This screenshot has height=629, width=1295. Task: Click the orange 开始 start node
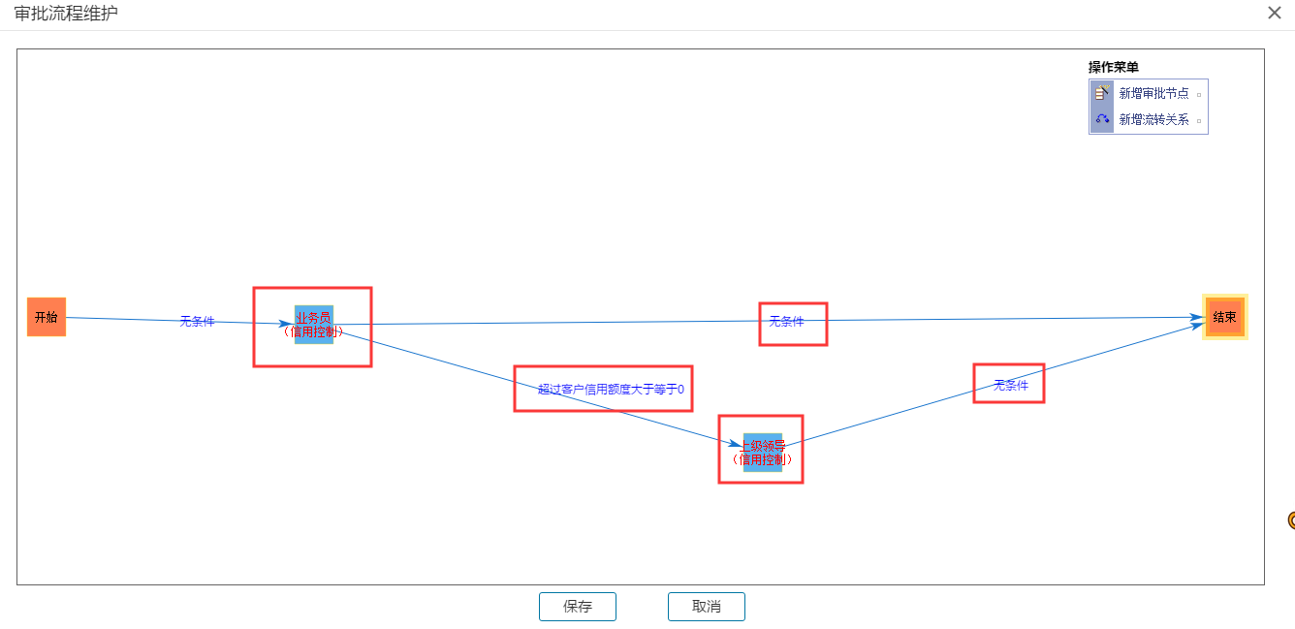[47, 317]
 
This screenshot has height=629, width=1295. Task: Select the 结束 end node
[1224, 317]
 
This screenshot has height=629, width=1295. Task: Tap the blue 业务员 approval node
[314, 324]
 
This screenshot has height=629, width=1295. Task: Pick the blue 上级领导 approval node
[762, 452]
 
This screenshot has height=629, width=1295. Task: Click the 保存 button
[577, 607]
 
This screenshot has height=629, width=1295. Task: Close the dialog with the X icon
[1275, 13]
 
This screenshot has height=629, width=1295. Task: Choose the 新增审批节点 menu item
[1153, 93]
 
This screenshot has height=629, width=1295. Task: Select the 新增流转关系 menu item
[1153, 120]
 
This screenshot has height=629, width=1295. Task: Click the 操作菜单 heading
[1113, 67]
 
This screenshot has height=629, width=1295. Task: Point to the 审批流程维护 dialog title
[67, 14]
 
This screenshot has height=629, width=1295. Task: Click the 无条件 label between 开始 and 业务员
[197, 322]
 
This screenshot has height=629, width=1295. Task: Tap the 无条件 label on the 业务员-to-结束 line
[786, 322]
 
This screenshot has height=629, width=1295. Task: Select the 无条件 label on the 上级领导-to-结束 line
[1010, 385]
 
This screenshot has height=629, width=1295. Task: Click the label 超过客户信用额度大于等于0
[611, 390]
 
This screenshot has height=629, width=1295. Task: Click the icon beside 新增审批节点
[1102, 93]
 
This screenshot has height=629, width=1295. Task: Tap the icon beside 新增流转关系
[1102, 120]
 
